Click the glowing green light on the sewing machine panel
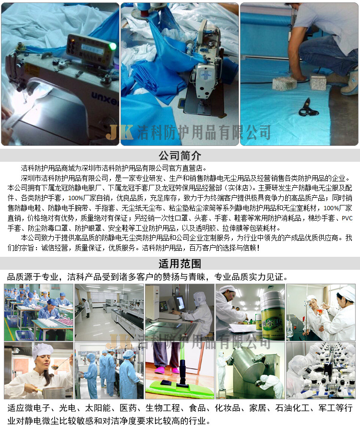pos(113,46)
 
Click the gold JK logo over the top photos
pos(119,132)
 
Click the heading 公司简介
pos(180,156)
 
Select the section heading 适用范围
pos(180,264)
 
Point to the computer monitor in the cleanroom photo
pos(180,302)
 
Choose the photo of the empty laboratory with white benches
pos(109,312)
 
